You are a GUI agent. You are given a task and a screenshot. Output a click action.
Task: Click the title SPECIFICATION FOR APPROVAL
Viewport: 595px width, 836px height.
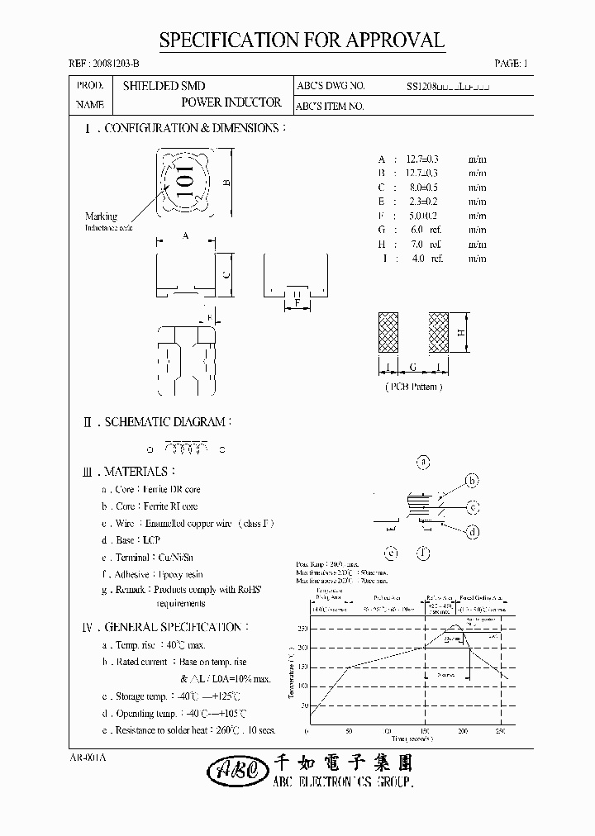[302, 41]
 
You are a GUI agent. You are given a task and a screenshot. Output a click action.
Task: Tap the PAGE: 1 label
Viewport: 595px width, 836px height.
[511, 64]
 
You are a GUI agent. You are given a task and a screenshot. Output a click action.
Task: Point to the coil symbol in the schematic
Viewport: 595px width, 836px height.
[186, 449]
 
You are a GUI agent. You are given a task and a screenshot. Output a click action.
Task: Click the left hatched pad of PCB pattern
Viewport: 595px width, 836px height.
[388, 333]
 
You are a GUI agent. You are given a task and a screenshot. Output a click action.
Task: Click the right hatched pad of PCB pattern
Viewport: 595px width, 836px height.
[438, 333]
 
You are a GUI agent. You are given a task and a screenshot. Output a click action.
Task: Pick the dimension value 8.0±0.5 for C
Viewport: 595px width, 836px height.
[423, 188]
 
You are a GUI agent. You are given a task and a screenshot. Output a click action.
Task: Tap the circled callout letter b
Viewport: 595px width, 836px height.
[472, 481]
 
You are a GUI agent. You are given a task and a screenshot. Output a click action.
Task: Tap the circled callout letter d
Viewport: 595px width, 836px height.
[472, 533]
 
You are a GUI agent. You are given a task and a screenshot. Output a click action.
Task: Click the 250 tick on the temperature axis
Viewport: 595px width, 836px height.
[302, 629]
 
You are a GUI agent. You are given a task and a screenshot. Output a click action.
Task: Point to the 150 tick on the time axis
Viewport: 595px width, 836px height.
[425, 732]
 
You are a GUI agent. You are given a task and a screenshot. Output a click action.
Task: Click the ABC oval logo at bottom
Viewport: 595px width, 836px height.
[232, 770]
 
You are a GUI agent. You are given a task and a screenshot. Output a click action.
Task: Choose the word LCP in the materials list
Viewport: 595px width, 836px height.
[150, 540]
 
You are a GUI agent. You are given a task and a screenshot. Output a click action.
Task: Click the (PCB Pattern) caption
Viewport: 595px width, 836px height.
[414, 386]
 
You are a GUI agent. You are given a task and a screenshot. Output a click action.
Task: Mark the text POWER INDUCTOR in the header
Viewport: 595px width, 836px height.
[231, 103]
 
